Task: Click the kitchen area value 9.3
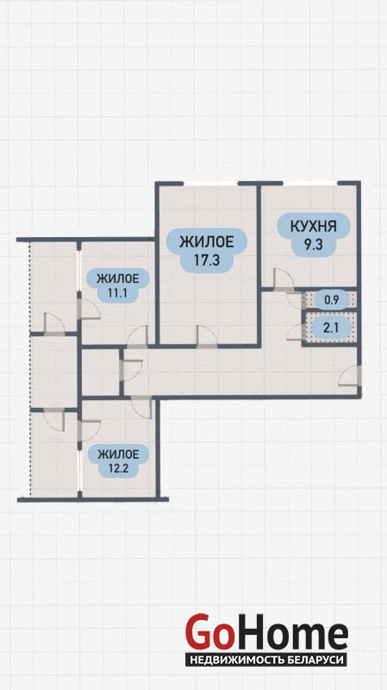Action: click(x=314, y=245)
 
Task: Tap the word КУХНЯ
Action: click(x=314, y=227)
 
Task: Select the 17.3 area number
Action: click(x=207, y=260)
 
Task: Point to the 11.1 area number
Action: click(x=117, y=292)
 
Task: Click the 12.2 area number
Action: click(x=118, y=467)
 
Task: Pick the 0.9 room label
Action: click(x=331, y=300)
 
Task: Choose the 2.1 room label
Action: click(x=331, y=327)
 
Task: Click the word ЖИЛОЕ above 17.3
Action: click(x=207, y=241)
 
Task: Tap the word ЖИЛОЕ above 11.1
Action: click(x=118, y=279)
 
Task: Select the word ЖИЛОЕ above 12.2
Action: click(x=118, y=454)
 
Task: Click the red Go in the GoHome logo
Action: click(x=209, y=632)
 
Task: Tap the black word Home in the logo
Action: click(x=290, y=635)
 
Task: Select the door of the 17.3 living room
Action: click(x=207, y=336)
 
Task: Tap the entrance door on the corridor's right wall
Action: click(x=350, y=375)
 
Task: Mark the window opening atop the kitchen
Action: click(x=310, y=183)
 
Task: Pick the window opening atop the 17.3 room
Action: click(x=210, y=183)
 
